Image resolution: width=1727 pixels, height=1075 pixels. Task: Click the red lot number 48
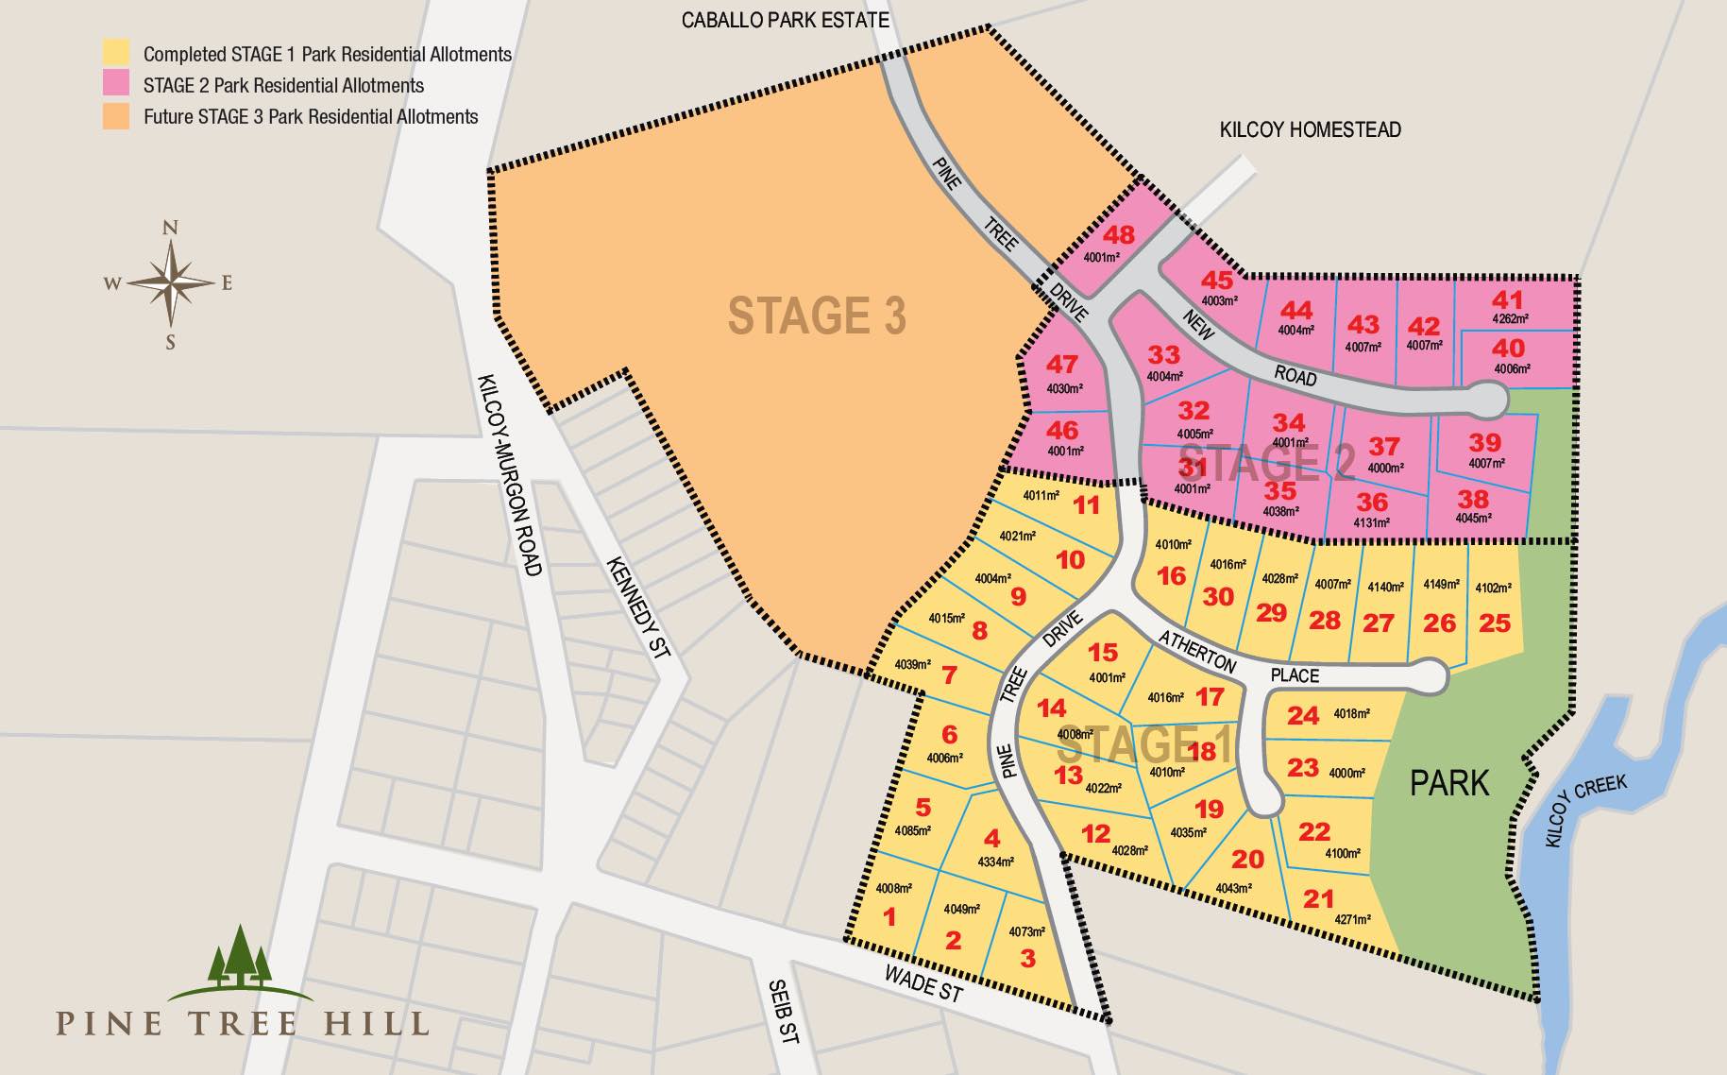click(x=1119, y=235)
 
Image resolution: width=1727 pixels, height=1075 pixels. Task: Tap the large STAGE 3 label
click(x=817, y=316)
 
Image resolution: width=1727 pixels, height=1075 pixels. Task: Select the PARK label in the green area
click(x=1448, y=783)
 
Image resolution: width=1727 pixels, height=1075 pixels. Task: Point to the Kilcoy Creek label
click(x=1586, y=811)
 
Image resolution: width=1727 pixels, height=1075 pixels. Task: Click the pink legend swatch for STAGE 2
click(x=116, y=84)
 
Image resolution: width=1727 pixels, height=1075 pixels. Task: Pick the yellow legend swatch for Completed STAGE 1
click(x=116, y=53)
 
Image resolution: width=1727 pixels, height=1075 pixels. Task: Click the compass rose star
click(x=171, y=283)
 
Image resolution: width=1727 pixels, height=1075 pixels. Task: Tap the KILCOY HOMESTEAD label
click(x=1310, y=130)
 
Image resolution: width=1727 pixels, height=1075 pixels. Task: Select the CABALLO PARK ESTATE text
click(x=785, y=20)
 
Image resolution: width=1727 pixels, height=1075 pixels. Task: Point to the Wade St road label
click(x=923, y=984)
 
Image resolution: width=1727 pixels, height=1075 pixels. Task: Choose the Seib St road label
click(x=784, y=1011)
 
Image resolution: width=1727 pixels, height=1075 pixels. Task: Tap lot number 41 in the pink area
click(x=1507, y=299)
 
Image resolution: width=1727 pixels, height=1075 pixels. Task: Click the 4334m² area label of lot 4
click(x=995, y=862)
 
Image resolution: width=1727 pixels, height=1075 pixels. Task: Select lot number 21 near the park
click(x=1318, y=898)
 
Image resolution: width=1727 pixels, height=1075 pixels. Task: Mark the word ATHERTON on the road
click(x=1197, y=651)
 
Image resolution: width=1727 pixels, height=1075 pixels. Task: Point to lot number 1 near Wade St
click(x=889, y=916)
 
